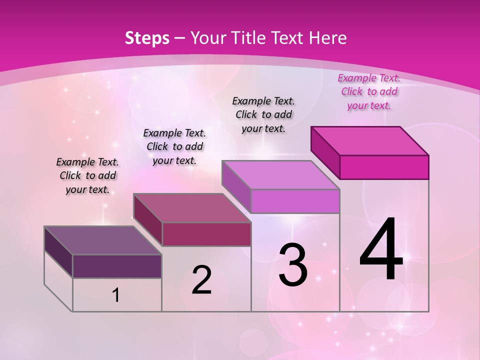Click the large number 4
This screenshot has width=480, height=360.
[381, 250]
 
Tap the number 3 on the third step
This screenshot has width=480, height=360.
[293, 264]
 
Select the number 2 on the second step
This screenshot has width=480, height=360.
[201, 280]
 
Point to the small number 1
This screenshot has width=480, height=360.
[116, 295]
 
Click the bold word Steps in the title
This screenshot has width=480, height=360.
[147, 38]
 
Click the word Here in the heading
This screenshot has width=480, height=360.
[328, 38]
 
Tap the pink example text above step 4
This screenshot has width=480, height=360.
[369, 91]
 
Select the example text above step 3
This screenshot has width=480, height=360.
[264, 114]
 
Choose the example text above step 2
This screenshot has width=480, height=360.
[174, 146]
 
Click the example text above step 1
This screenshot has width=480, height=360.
[87, 175]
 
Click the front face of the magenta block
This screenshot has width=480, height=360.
[384, 167]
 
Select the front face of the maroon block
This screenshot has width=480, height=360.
[206, 234]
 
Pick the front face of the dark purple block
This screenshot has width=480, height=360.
[117, 266]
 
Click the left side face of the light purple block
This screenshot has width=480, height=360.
[236, 185]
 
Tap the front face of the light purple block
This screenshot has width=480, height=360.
[295, 201]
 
